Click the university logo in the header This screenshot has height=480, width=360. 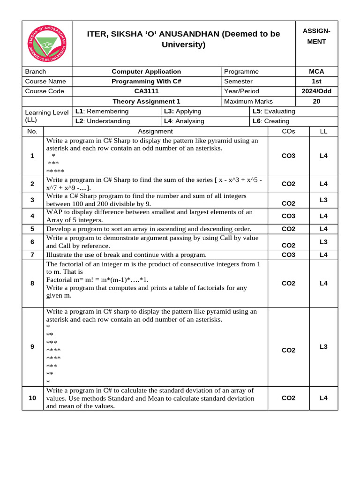point(47,44)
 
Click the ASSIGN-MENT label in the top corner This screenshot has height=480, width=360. point(316,36)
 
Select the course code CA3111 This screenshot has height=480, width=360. point(146,91)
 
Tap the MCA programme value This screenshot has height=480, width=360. point(316,71)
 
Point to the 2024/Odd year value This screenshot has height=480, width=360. point(316,91)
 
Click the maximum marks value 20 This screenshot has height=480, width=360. point(316,101)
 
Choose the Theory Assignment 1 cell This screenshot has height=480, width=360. point(146,101)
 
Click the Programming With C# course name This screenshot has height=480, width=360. point(146,81)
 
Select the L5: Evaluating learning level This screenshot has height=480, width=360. point(274,111)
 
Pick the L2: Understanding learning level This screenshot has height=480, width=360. point(103,121)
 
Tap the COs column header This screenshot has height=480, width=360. point(288,131)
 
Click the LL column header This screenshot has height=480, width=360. point(323,131)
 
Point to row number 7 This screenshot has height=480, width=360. point(32,255)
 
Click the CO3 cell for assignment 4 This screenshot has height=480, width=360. point(288,216)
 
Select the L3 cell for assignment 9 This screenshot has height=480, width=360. point(323,346)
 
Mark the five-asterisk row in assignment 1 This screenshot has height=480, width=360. point(55,172)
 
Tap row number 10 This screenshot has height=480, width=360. point(32,398)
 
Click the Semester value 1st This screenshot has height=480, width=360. point(316,81)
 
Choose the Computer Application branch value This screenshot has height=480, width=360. point(146,71)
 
